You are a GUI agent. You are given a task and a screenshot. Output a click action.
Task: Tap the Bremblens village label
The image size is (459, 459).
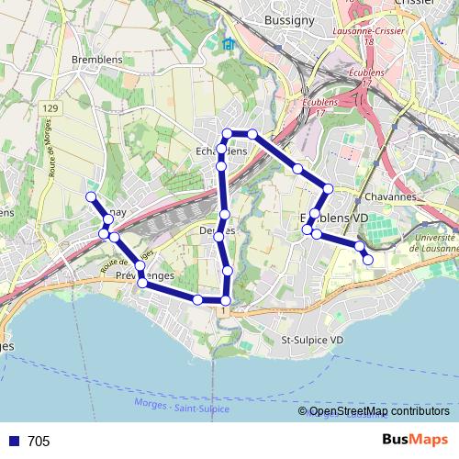coord(96,60)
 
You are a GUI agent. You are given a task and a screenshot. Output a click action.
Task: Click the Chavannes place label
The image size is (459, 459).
coord(390,196)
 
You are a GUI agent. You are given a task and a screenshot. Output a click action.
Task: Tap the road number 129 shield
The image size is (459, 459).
coord(50,109)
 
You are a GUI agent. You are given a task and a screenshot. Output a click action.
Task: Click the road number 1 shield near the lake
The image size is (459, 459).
coord(223,311)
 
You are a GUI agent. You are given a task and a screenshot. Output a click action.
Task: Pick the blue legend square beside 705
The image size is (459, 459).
coord(11,442)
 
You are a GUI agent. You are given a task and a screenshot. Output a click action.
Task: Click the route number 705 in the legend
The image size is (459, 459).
coord(39,442)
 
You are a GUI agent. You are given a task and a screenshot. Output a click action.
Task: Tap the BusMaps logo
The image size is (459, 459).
coord(415,441)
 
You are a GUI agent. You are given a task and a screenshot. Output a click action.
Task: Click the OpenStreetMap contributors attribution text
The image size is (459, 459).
coord(379,410)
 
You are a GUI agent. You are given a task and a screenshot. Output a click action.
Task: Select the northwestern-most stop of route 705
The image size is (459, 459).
coord(91,196)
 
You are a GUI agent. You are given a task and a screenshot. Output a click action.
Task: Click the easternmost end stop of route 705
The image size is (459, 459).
coord(368,260)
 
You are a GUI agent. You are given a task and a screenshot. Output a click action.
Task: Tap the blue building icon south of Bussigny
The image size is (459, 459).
coord(228,44)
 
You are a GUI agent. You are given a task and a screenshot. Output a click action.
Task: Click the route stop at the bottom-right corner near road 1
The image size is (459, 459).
coord(226,299)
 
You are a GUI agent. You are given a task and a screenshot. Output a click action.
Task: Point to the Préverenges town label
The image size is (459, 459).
coord(145,275)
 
